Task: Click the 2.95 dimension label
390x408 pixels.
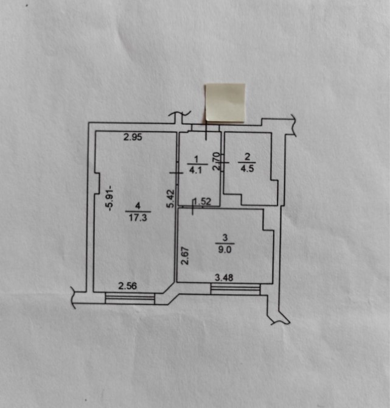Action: (133, 137)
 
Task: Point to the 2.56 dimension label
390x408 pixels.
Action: (127, 286)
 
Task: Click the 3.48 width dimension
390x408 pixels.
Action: (224, 278)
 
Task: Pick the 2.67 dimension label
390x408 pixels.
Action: (185, 256)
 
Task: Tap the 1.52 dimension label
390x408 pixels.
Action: (203, 202)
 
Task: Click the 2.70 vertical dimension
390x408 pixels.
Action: (217, 161)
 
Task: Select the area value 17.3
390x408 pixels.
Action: (138, 217)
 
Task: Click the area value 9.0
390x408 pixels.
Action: (225, 250)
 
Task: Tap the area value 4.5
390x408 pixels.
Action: (247, 169)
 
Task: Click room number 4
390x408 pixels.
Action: (138, 206)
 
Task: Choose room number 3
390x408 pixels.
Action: (225, 237)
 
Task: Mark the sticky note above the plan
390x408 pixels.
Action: (225, 103)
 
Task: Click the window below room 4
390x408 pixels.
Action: (130, 298)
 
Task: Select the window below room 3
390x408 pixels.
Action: (235, 289)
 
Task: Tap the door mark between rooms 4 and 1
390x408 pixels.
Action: (177, 172)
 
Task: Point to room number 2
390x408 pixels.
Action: (247, 157)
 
